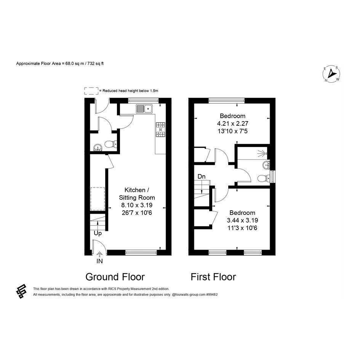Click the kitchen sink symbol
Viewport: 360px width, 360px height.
[x=144, y=109]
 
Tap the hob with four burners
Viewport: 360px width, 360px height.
[x=161, y=130]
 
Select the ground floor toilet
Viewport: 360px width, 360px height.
[x=110, y=144]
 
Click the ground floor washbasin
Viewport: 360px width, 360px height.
[x=98, y=147]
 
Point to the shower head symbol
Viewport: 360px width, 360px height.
[x=262, y=153]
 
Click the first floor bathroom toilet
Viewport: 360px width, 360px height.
[x=263, y=178]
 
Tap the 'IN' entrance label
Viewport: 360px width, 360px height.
[x=99, y=261]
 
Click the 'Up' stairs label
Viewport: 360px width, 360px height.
[x=98, y=234]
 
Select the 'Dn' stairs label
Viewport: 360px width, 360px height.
[x=202, y=176]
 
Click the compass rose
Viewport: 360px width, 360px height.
[x=331, y=74]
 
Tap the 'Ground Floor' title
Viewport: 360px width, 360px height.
[x=115, y=277]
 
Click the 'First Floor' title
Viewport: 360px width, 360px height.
[x=213, y=277]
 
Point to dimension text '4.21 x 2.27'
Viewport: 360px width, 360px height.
[x=233, y=123]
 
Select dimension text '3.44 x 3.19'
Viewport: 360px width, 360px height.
[x=242, y=221]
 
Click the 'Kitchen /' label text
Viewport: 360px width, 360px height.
[x=137, y=190]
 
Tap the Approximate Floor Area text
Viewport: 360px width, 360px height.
[x=60, y=64]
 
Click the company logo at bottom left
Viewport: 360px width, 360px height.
[x=21, y=291]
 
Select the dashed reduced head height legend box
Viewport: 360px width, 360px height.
[x=91, y=91]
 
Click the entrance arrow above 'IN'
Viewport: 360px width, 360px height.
[x=99, y=254]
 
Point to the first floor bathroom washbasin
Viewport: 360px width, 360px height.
[x=267, y=165]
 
